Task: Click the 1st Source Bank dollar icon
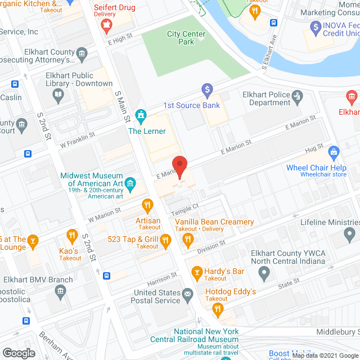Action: click(207, 89)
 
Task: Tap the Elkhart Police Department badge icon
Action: click(298, 99)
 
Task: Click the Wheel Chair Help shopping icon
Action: click(334, 152)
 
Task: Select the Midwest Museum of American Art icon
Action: click(130, 183)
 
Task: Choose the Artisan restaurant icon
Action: click(148, 204)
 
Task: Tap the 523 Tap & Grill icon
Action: click(166, 242)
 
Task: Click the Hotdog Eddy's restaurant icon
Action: click(217, 310)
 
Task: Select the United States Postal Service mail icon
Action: click(187, 292)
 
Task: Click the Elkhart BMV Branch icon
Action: click(60, 291)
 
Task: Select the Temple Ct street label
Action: click(187, 210)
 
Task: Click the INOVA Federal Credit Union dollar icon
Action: click(314, 26)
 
